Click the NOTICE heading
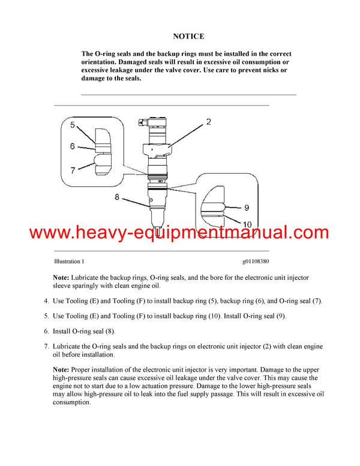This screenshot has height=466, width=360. coord(188,37)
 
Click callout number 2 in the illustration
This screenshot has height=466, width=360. coord(208,122)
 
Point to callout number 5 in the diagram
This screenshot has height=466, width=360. coord(72,126)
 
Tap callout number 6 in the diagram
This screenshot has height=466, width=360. coord(72,146)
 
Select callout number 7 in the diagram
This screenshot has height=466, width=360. coord(72,171)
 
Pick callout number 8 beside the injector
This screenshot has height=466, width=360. coord(118,196)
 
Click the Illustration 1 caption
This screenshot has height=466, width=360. coord(69,262)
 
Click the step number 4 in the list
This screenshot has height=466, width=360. coord(47,301)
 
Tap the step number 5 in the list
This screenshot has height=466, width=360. coord(47,315)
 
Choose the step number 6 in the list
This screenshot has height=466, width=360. coord(47,331)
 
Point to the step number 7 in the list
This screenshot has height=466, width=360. coord(47,346)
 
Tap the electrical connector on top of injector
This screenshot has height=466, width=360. coord(142,123)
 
